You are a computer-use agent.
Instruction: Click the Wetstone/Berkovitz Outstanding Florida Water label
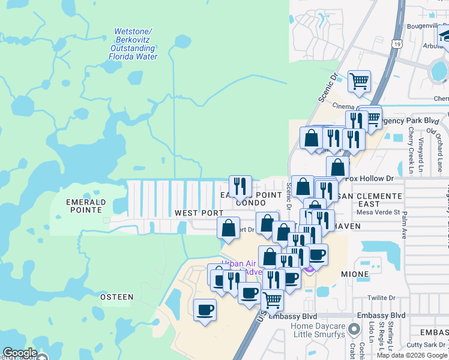tap(133, 44)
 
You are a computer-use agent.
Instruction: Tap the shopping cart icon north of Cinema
tap(359, 81)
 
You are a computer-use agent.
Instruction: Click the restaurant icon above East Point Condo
tap(240, 185)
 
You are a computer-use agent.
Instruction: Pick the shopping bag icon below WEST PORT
tap(228, 228)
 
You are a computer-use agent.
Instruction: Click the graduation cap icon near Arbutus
tap(445, 35)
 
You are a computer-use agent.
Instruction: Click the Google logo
tap(20, 353)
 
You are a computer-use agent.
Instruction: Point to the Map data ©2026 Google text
tap(412, 355)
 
